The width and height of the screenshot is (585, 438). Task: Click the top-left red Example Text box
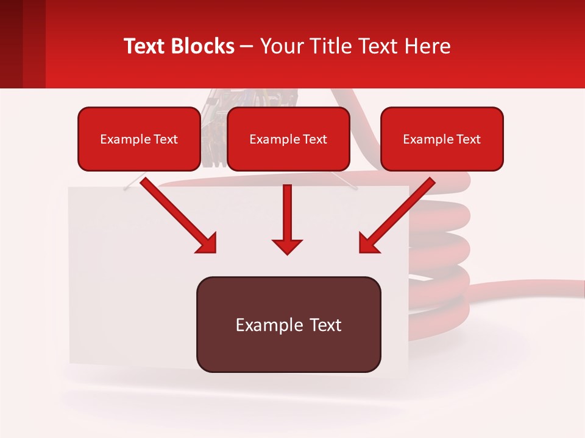[x=139, y=139]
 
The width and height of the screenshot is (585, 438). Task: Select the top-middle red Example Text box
[x=288, y=139]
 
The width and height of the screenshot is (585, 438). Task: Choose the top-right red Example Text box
[x=442, y=139]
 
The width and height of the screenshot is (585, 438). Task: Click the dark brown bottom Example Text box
[x=288, y=325]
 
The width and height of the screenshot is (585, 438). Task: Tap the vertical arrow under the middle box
[x=287, y=213]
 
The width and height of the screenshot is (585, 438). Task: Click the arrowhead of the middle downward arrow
[x=287, y=246]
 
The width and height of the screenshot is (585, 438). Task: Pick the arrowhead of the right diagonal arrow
[x=369, y=243]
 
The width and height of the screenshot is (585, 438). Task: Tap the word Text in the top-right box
[x=469, y=139]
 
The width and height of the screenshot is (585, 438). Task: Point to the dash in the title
[x=247, y=47]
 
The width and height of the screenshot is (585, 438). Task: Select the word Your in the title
[x=279, y=46]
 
